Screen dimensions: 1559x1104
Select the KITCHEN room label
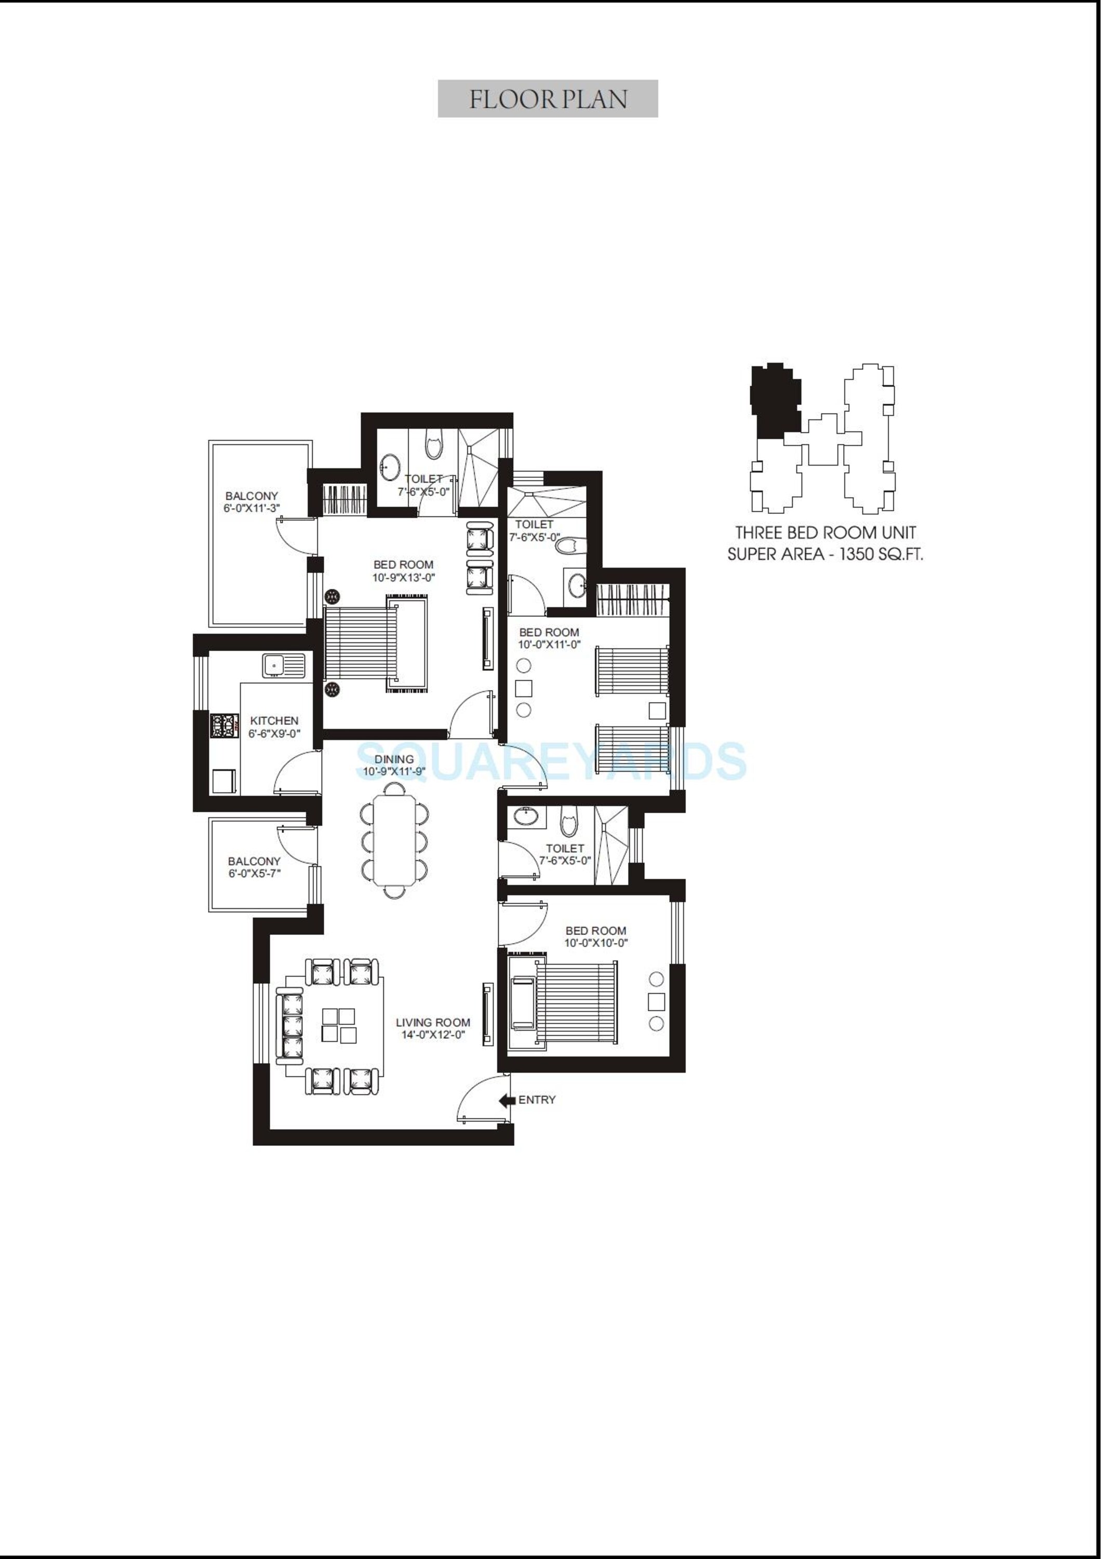coord(274,721)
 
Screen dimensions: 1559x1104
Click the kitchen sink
coord(275,664)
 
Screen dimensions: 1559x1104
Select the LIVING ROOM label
coord(433,1022)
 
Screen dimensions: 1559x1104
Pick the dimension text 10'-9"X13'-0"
coord(403,578)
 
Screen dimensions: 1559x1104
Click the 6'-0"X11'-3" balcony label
coord(251,508)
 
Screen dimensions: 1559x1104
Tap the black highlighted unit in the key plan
coord(775,401)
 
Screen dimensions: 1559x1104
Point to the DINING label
coord(394,759)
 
